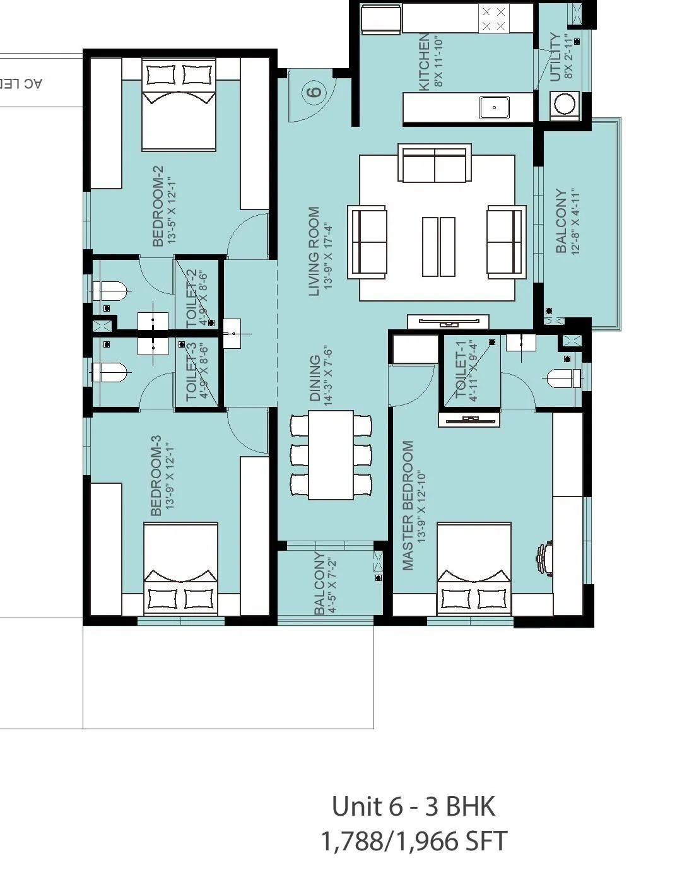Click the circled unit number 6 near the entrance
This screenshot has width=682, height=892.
tap(314, 92)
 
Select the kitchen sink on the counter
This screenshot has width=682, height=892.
tap(494, 107)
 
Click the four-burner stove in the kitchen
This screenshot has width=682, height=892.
tap(493, 19)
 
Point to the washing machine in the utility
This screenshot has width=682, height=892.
tap(564, 104)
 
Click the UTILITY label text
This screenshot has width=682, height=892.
tap(555, 57)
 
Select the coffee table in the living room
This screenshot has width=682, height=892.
tap(438, 247)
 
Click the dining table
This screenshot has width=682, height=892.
tap(331, 454)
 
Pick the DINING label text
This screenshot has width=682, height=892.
tap(315, 379)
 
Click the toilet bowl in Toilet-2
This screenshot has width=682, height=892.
tap(112, 291)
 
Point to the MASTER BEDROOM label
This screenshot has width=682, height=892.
tap(408, 505)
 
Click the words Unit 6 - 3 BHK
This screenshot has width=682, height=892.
tap(413, 806)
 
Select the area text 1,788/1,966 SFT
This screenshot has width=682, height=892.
tap(413, 841)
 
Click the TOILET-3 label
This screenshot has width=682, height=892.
tap(191, 372)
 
